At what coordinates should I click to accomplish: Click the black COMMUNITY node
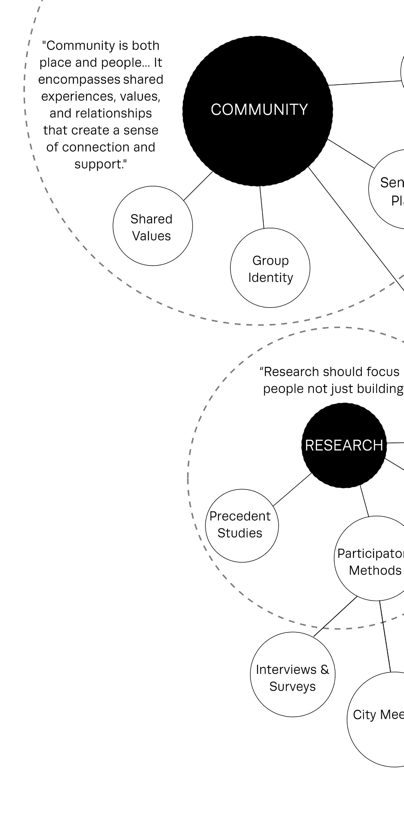tap(257, 111)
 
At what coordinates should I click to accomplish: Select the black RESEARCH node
tap(344, 445)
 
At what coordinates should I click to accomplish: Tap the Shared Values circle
tap(153, 226)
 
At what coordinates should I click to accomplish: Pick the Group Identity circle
tap(270, 268)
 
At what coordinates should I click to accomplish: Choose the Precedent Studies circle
tap(242, 526)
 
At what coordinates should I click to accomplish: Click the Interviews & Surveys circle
tap(292, 674)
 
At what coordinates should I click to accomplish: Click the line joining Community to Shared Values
tap(198, 186)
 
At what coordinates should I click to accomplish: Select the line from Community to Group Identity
tap(262, 207)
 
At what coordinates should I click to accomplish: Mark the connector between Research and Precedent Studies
tap(292, 489)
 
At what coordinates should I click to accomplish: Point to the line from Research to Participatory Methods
tap(365, 501)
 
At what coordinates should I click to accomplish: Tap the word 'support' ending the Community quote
tap(98, 164)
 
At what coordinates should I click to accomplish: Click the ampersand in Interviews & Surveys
tap(325, 669)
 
